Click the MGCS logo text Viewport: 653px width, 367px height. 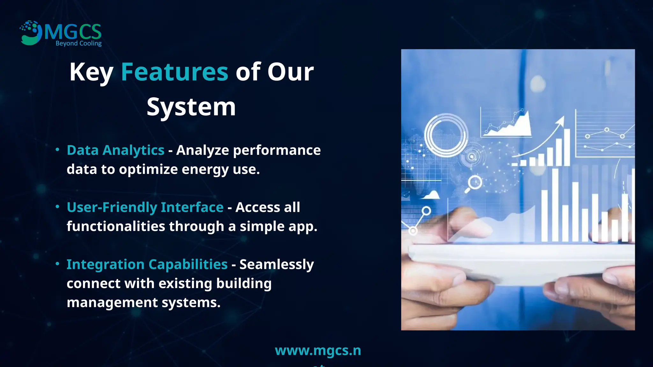point(73,32)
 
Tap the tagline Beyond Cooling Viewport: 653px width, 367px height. point(78,43)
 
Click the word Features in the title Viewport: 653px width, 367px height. point(174,72)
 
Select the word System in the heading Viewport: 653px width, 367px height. point(191,107)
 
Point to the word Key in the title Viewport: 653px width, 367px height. point(91,73)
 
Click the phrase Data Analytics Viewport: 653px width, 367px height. point(115,150)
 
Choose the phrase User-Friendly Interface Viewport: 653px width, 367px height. point(145,207)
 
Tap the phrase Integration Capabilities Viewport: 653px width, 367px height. point(147,264)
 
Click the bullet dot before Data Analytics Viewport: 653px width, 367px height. point(57,149)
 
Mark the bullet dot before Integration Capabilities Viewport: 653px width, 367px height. point(57,264)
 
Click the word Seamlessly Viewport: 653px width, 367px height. point(276,264)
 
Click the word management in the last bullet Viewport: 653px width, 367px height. point(112,302)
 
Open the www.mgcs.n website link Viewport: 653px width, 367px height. point(318,351)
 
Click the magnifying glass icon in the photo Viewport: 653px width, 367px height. point(474,183)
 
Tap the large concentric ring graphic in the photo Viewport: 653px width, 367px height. point(446,135)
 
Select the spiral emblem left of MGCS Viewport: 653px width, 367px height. point(31,32)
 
